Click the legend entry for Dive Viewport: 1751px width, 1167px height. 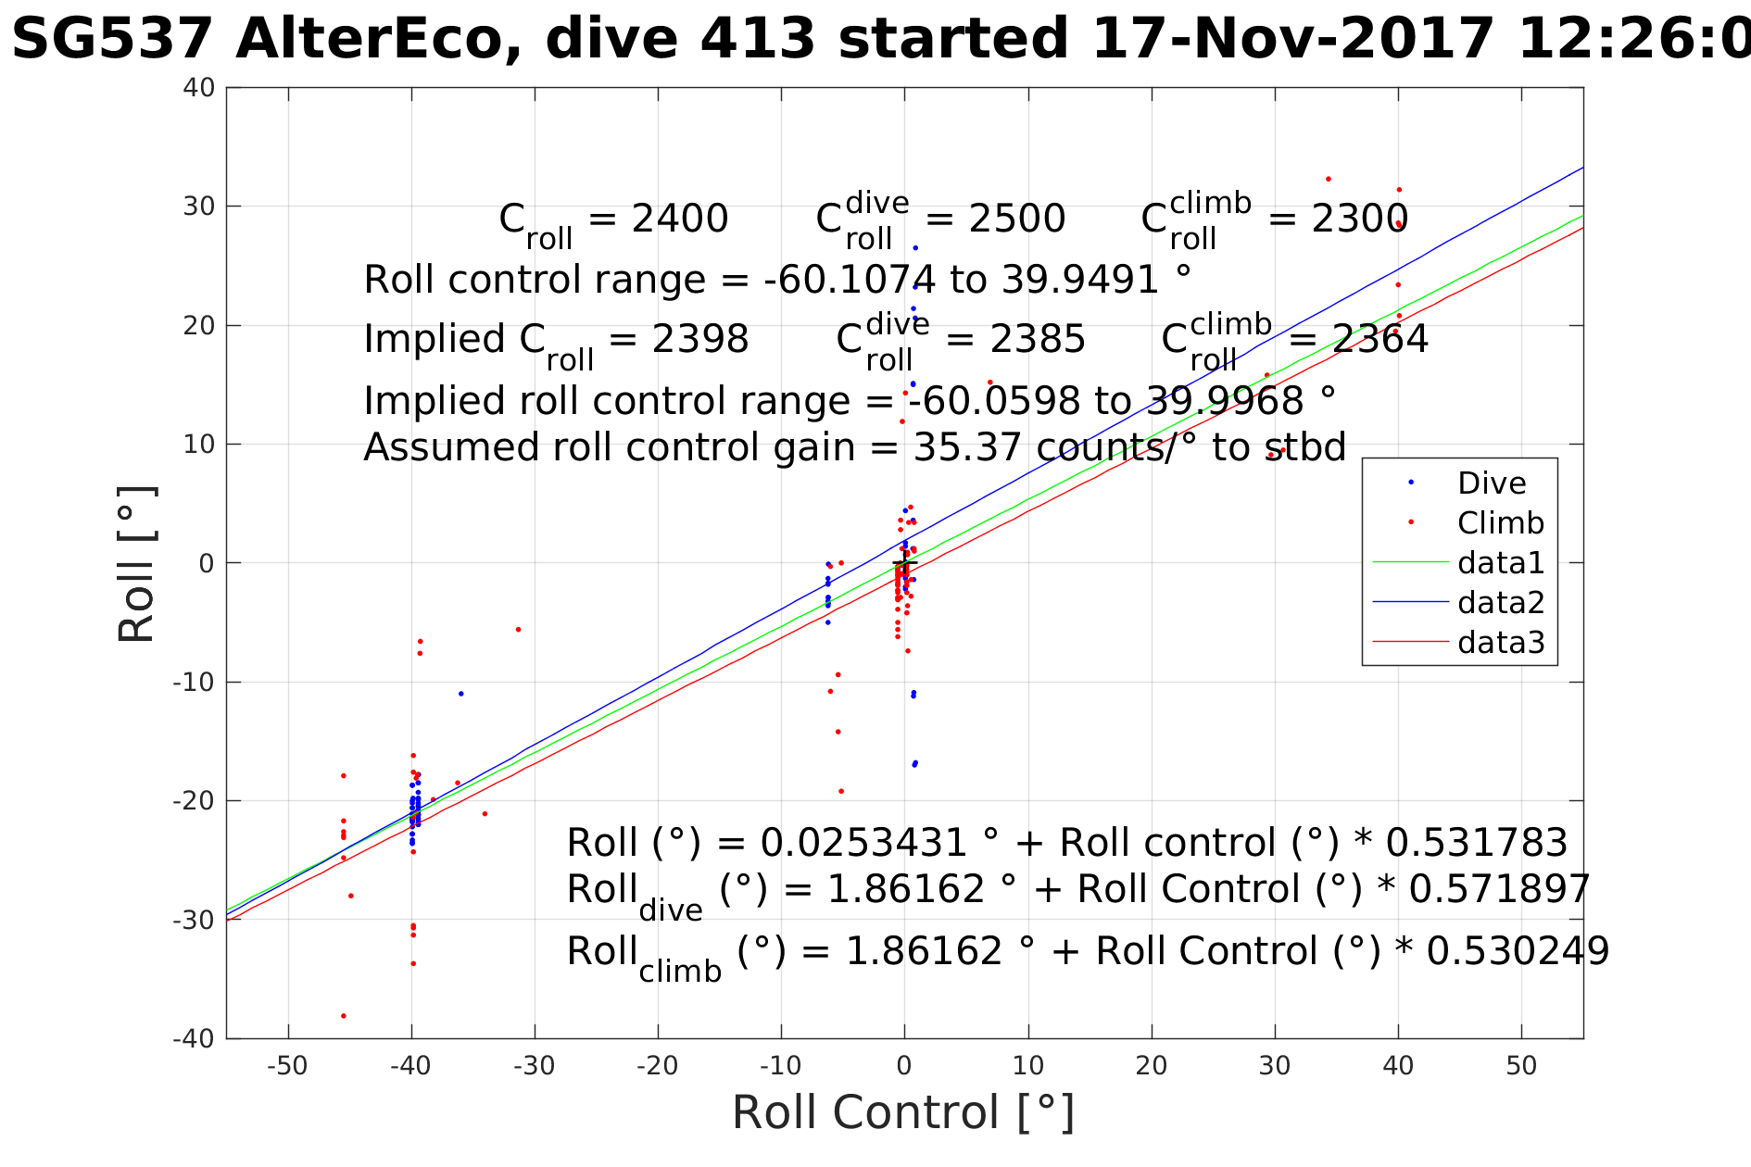pyautogui.click(x=1491, y=483)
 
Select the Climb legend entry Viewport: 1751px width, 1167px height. pyautogui.click(x=1500, y=523)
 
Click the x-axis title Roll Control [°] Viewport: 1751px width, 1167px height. pyautogui.click(x=903, y=1112)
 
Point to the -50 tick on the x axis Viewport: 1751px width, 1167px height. pyautogui.click(x=287, y=1066)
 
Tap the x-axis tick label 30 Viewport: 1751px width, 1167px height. pyautogui.click(x=1275, y=1066)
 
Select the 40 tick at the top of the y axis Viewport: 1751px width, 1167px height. pyautogui.click(x=200, y=88)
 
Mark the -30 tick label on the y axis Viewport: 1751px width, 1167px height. pyautogui.click(x=194, y=920)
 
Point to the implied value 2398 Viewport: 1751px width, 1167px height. pyautogui.click(x=700, y=340)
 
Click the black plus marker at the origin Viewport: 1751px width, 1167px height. pyautogui.click(x=905, y=563)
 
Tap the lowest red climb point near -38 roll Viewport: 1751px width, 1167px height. pyautogui.click(x=344, y=1016)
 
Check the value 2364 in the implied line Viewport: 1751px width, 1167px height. pyautogui.click(x=1380, y=340)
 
